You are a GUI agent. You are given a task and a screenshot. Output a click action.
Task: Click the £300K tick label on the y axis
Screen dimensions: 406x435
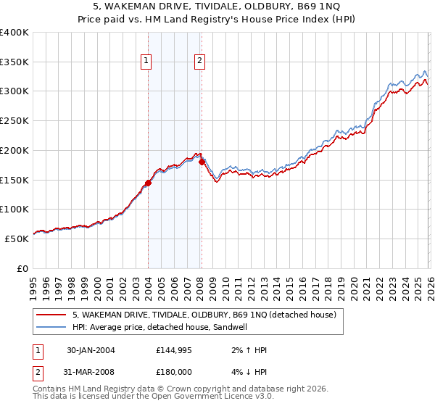point(14,91)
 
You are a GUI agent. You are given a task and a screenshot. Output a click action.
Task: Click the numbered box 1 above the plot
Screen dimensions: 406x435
point(147,62)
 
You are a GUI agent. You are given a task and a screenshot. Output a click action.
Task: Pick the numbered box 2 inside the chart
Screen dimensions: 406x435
point(199,62)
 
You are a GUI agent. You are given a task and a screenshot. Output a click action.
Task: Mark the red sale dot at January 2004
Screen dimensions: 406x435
point(148,183)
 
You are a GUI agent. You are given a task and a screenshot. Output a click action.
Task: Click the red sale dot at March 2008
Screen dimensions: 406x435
point(202,162)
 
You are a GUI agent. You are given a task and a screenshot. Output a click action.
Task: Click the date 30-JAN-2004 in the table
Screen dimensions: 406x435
point(91,350)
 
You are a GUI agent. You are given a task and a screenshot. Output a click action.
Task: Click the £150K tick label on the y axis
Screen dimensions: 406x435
point(14,180)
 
